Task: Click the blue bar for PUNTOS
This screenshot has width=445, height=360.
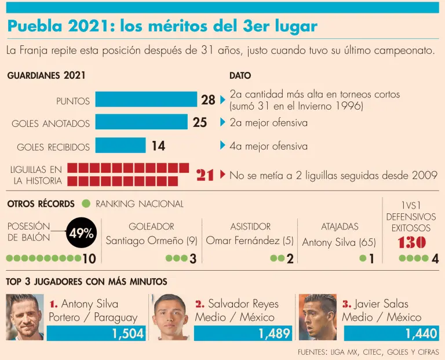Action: pyautogui.click(x=146, y=100)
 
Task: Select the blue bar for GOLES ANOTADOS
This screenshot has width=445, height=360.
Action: pyautogui.click(x=141, y=122)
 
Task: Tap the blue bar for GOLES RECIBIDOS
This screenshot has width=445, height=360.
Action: pyautogui.click(x=121, y=146)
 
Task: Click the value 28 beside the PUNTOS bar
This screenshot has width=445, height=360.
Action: pyautogui.click(x=208, y=100)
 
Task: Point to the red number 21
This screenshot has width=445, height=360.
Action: pyautogui.click(x=205, y=175)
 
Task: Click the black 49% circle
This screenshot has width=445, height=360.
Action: pyautogui.click(x=81, y=234)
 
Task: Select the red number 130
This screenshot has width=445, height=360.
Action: pyautogui.click(x=411, y=242)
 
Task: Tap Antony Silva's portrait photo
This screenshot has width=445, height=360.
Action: pyautogui.click(x=25, y=317)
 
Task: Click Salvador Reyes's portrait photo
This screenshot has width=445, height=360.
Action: pyautogui.click(x=171, y=317)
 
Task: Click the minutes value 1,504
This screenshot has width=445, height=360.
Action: pyautogui.click(x=127, y=333)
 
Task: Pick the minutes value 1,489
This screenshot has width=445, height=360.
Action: pyautogui.click(x=275, y=333)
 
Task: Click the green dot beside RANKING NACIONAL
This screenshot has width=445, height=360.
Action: pyautogui.click(x=86, y=203)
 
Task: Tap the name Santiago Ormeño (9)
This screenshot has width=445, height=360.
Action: pyautogui.click(x=152, y=241)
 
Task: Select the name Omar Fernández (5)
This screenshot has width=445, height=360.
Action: pyautogui.click(x=250, y=241)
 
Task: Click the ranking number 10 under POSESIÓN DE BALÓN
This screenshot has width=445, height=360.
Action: pyautogui.click(x=89, y=259)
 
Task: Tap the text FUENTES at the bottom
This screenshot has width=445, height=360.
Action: pyautogui.click(x=312, y=352)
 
